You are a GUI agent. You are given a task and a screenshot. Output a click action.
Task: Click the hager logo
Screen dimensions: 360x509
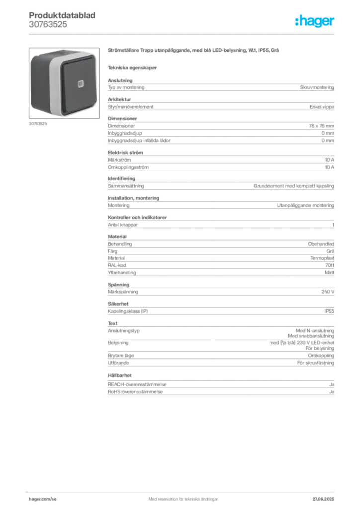315,21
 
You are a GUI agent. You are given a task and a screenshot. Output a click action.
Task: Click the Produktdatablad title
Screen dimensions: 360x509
62,15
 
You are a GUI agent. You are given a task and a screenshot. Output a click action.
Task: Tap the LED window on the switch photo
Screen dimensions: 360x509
81,84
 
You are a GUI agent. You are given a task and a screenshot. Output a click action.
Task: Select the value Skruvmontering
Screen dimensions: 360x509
317,87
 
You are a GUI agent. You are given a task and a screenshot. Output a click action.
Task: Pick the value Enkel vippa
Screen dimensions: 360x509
322,107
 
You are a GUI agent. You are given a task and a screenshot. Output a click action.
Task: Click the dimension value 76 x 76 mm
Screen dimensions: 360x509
321,126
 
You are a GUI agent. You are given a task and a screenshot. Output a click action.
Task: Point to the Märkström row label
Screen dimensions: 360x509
119,160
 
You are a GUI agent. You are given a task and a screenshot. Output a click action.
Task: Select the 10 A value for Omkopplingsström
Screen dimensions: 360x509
330,167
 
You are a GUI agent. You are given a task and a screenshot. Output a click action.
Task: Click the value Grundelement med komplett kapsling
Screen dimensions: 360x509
293,186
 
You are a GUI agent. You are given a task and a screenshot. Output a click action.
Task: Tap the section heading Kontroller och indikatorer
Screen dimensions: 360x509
137,217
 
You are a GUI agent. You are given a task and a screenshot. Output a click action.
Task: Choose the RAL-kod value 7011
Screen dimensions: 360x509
330,265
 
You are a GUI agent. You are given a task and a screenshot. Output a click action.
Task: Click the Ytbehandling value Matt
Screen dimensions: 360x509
329,273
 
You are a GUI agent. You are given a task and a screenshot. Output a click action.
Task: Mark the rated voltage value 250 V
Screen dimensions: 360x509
328,292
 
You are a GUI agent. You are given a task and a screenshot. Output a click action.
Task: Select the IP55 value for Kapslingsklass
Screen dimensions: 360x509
329,311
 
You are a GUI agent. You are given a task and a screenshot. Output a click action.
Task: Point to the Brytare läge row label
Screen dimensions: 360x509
121,356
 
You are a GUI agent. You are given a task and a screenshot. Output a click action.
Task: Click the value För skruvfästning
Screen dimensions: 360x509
316,363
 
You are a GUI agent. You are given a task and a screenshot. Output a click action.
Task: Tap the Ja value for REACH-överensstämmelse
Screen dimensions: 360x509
332,384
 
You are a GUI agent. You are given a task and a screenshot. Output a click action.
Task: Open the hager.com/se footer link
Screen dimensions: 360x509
43,499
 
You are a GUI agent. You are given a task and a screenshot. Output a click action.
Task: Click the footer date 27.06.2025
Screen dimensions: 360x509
323,499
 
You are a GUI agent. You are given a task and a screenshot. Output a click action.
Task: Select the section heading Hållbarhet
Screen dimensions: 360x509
120,375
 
